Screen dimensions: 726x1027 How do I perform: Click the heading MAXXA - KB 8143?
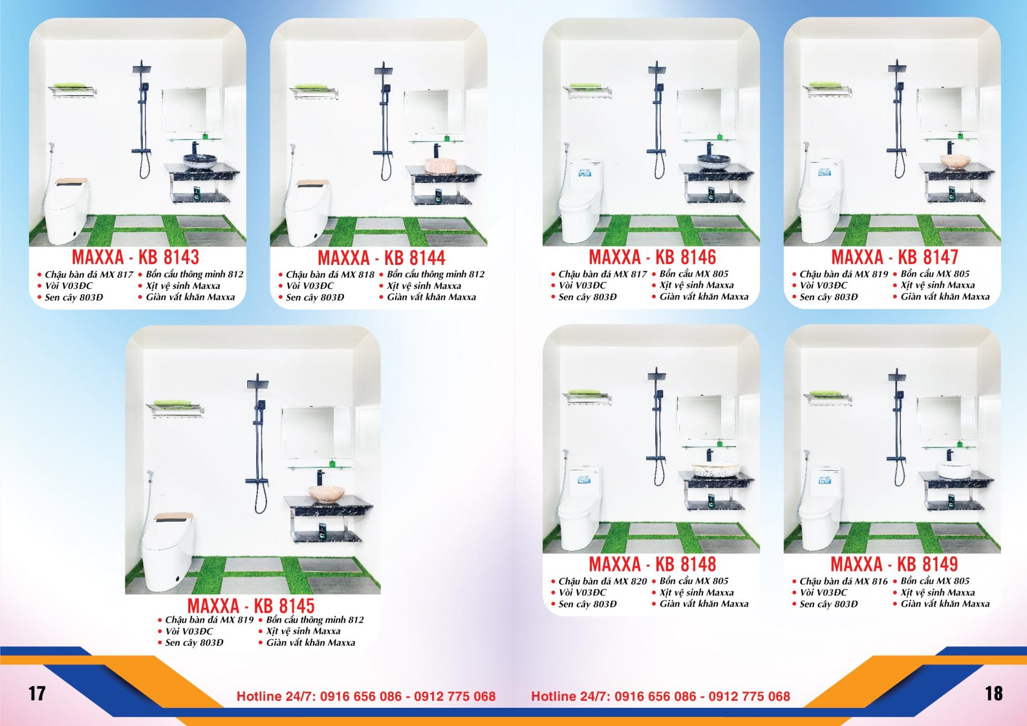pyautogui.click(x=135, y=257)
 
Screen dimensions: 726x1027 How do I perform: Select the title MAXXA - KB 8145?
pyautogui.click(x=251, y=606)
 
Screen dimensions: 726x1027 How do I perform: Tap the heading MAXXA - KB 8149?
pyautogui.click(x=894, y=564)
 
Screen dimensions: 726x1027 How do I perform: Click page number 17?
pyautogui.click(x=37, y=693)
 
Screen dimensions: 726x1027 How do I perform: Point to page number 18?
pyautogui.click(x=993, y=693)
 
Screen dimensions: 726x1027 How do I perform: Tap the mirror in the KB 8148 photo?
pyautogui.click(x=700, y=418)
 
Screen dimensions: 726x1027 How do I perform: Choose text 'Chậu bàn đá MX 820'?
pyautogui.click(x=602, y=581)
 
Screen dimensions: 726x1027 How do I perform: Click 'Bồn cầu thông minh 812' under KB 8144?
pyautogui.click(x=435, y=274)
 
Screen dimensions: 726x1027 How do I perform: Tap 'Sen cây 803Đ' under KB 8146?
pyautogui.click(x=587, y=297)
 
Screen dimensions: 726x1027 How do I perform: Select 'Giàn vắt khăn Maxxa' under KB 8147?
pyautogui.click(x=945, y=296)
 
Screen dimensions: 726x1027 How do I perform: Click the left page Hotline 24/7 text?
pyautogui.click(x=366, y=696)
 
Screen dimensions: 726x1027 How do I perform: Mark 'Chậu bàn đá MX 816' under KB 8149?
pyautogui.click(x=843, y=581)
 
